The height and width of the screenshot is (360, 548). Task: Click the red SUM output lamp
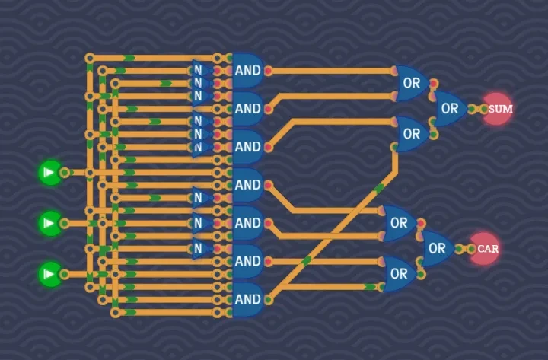pos(499,109)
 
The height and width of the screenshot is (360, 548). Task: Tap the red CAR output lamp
pos(486,249)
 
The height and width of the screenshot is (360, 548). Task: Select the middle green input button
pos(50,223)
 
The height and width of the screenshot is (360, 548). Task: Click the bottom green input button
pos(50,274)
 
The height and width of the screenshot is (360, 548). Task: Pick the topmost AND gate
pos(247,71)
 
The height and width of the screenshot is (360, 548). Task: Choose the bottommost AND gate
pos(247,300)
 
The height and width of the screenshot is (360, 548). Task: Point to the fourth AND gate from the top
pos(247,185)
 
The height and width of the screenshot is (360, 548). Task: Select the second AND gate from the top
pos(247,109)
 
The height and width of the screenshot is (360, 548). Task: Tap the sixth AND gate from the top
pos(247,261)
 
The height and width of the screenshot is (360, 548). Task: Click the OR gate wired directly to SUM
pos(450,109)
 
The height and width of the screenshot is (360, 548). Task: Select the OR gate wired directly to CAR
pos(438,249)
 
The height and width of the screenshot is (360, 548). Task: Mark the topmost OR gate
pos(412,83)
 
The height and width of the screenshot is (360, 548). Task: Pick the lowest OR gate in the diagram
pos(399,274)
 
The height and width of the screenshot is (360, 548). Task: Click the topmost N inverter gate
pos(200,70)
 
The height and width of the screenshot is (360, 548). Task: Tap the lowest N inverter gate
pos(200,249)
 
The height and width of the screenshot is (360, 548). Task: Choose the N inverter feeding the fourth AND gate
pos(200,198)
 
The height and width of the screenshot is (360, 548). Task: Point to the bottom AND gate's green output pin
pos(269,300)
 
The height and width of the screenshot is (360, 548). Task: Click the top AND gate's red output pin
pos(269,71)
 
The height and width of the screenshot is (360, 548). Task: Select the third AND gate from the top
pos(247,147)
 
